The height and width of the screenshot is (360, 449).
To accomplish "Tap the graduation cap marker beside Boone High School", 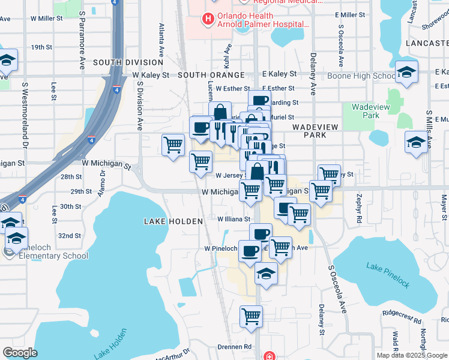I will coord(407,73).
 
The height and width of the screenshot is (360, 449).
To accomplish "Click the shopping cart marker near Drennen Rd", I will coord(251,316).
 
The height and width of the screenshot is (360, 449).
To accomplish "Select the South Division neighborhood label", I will coord(128,62).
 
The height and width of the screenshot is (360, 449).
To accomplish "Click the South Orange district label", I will coord(211,75).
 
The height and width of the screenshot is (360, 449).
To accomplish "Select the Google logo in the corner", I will coord(20,352).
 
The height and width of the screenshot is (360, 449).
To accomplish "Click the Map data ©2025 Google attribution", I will coord(412,355).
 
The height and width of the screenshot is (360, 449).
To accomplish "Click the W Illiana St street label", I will coord(234,220).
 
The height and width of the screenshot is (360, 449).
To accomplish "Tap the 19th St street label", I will coord(42,47).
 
